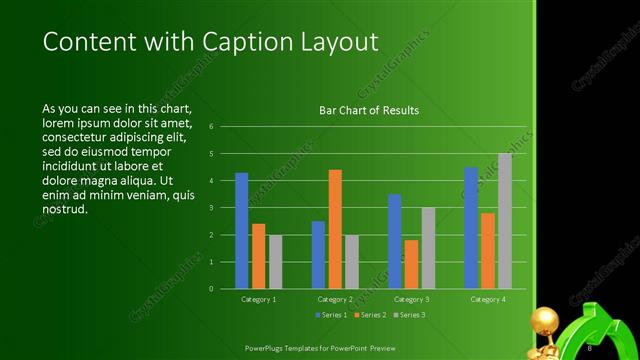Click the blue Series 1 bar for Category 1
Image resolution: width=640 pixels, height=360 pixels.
point(241,231)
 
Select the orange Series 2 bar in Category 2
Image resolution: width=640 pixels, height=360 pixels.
point(335,229)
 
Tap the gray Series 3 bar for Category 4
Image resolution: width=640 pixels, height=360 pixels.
point(505,221)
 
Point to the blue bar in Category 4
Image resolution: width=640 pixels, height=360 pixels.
point(471,228)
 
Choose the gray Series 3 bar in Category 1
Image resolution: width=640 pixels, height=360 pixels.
point(275,262)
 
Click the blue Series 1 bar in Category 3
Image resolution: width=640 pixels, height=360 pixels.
point(394,241)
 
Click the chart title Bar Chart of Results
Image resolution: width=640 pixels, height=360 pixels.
point(369,110)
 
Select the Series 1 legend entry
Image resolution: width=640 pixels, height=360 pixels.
point(334,315)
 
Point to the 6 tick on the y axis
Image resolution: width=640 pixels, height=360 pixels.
point(211,127)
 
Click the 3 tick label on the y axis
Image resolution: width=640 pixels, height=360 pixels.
point(211,208)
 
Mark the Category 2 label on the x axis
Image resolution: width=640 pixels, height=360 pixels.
point(335,299)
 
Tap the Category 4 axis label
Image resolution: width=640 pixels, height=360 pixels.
point(488,299)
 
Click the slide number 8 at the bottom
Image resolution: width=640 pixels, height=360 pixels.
point(590,347)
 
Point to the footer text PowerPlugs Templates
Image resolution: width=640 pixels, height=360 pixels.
point(290,347)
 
